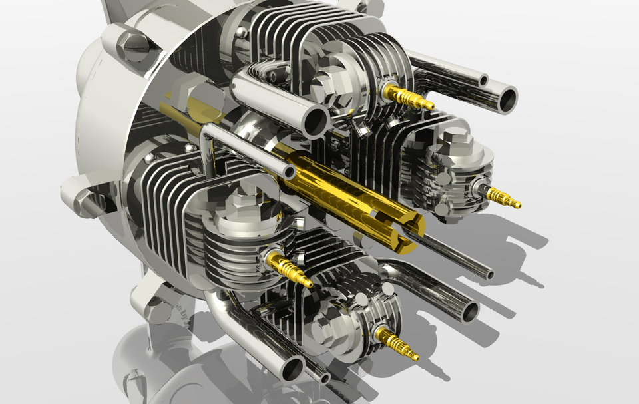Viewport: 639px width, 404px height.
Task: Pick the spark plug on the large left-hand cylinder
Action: pos(290,270)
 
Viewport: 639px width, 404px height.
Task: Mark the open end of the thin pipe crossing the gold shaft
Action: pos(290,172)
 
